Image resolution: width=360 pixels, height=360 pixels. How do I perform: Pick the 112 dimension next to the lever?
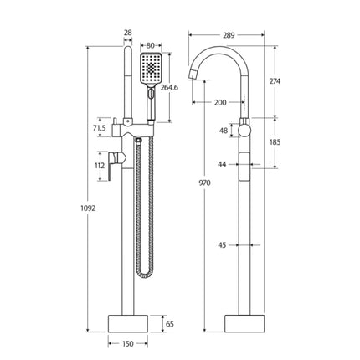[99, 165]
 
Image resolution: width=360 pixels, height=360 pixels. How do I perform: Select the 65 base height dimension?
[171, 321]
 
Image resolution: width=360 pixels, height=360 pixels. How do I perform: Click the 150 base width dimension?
[127, 342]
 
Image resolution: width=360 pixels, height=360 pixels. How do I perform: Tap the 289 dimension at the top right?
[229, 36]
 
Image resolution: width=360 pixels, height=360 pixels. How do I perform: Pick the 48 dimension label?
[223, 131]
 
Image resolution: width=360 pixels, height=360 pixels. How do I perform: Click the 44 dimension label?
[222, 165]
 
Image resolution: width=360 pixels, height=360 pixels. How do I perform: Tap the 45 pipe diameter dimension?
[222, 245]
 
